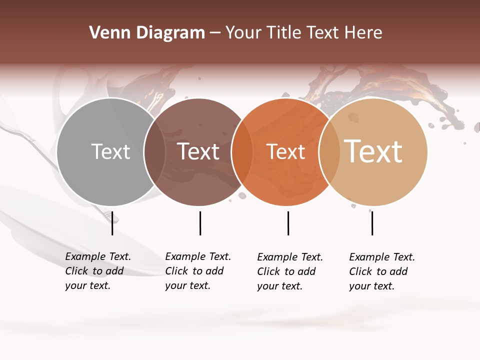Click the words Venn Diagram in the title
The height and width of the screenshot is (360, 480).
click(x=147, y=33)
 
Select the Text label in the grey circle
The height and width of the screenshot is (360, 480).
click(x=110, y=151)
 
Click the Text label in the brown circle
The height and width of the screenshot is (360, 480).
click(x=198, y=151)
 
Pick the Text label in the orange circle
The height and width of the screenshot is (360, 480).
click(x=286, y=151)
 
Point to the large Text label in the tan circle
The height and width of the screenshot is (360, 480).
click(x=373, y=151)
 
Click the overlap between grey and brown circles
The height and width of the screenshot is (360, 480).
click(x=154, y=151)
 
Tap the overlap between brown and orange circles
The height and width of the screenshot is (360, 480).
click(x=242, y=151)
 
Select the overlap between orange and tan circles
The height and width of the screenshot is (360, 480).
click(x=329, y=151)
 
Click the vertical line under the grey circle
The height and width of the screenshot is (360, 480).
click(x=112, y=223)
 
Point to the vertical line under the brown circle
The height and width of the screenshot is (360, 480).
click(x=200, y=223)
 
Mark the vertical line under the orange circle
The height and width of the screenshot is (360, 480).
click(x=288, y=223)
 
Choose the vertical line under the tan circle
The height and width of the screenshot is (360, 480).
click(x=372, y=223)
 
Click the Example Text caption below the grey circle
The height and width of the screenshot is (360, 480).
click(x=97, y=271)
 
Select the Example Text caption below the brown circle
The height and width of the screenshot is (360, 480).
click(x=197, y=271)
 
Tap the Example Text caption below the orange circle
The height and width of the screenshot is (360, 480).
click(x=289, y=271)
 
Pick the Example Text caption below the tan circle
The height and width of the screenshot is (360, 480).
click(x=381, y=271)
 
